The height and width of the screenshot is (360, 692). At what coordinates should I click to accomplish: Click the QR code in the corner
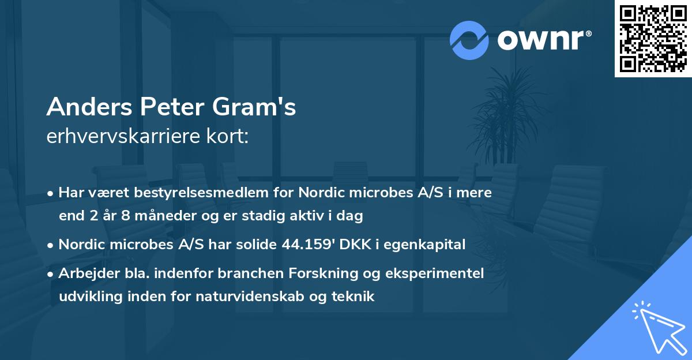tap(653, 39)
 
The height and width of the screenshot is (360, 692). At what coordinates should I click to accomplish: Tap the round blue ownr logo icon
tap(469, 40)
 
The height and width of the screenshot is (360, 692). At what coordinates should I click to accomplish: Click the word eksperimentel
tap(438, 273)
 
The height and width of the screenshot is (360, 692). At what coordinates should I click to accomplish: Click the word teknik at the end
tap(355, 297)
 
